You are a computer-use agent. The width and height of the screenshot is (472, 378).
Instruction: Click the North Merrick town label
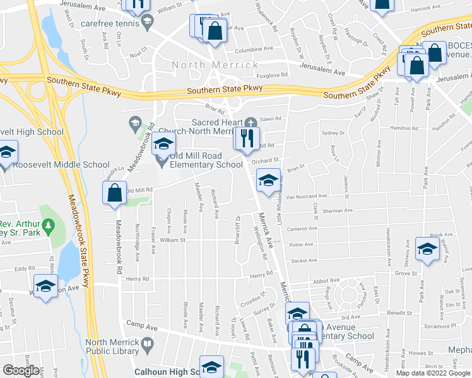pyautogui.click(x=215, y=65)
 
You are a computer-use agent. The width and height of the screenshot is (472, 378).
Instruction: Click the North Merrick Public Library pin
pyautogui.click(x=148, y=344)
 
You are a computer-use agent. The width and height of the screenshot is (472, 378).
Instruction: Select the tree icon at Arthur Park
pyautogui.click(x=47, y=225)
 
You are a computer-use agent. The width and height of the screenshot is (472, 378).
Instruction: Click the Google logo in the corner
pyautogui.click(x=20, y=370)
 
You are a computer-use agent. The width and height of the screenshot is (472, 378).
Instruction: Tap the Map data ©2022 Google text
pyautogui.click(x=433, y=373)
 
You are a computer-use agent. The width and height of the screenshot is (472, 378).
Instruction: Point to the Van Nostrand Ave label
pyautogui.click(x=307, y=196)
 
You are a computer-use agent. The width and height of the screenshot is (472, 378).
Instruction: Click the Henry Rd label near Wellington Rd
pyautogui.click(x=260, y=275)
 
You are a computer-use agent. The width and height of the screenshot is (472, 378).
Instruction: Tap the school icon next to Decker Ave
pyautogui.click(x=427, y=248)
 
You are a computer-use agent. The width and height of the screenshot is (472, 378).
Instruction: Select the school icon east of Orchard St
pyautogui.click(x=268, y=181)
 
